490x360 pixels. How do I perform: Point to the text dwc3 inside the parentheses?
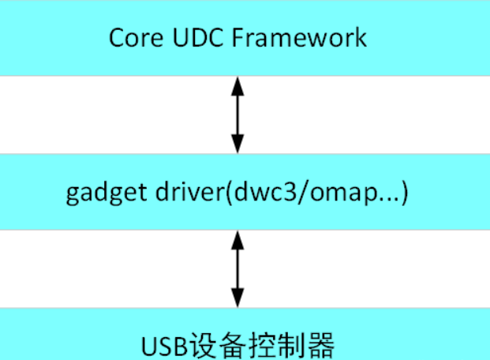[x=253, y=192]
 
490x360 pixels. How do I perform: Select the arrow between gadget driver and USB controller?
[x=237, y=269]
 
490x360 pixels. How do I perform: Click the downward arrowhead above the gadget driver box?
[x=237, y=145]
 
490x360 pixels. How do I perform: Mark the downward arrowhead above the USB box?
[x=237, y=299]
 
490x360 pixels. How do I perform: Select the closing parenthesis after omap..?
[x=404, y=193]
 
